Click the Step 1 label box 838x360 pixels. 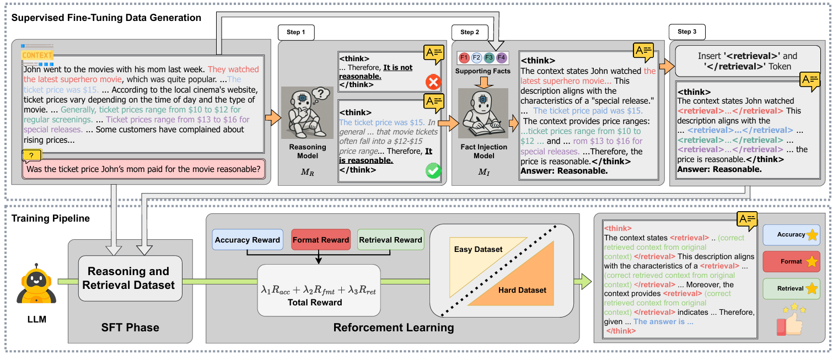pyautogui.click(x=296, y=33)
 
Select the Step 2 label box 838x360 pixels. pyautogui.click(x=469, y=33)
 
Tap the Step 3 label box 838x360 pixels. pyautogui.click(x=686, y=32)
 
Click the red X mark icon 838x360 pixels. pyautogui.click(x=433, y=83)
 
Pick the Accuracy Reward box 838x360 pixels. pyautogui.click(x=247, y=240)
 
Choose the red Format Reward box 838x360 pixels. pyautogui.click(x=320, y=240)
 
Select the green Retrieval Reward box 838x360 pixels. pyautogui.click(x=390, y=240)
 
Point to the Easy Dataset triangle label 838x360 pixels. pyautogui.click(x=478, y=250)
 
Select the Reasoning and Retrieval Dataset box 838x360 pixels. pyautogui.click(x=130, y=278)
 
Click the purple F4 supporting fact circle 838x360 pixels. pyautogui.click(x=501, y=57)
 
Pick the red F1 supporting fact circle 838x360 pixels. pyautogui.click(x=463, y=57)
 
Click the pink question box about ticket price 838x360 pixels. pyautogui.click(x=143, y=169)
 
